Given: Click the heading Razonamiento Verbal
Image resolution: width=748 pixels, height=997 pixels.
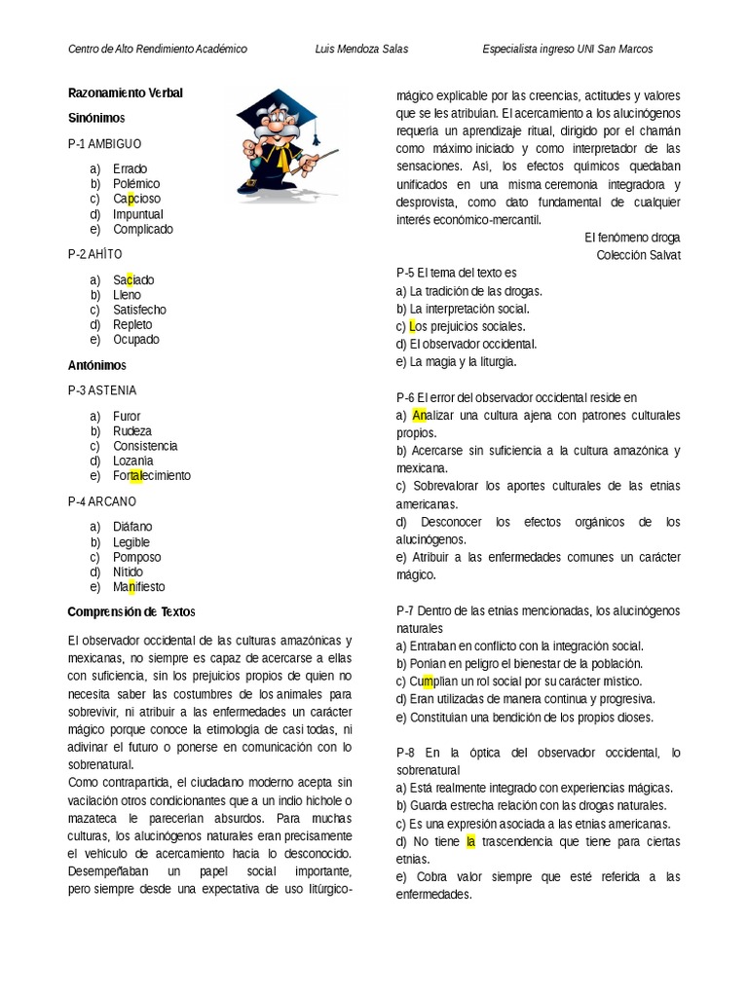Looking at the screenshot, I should [x=126, y=92].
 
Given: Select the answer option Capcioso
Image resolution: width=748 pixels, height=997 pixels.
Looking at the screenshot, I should [x=136, y=199].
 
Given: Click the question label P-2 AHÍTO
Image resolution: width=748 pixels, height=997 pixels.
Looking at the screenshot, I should [x=95, y=254].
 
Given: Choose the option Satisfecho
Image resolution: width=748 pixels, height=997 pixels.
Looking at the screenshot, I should [x=139, y=310].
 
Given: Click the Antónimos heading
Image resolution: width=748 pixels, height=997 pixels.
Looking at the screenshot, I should [x=96, y=365].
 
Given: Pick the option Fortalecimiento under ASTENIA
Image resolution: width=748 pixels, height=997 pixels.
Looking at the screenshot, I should [x=151, y=475].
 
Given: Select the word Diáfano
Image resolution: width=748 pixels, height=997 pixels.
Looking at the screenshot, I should [x=132, y=527].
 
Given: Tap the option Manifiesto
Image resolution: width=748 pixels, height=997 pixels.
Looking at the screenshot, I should [x=138, y=587].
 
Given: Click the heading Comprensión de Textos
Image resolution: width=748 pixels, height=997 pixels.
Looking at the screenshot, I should [x=131, y=611].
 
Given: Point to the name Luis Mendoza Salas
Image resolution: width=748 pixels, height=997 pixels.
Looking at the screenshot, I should [x=362, y=49].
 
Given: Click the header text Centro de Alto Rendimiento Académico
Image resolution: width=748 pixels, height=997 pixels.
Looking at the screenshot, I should [x=157, y=49].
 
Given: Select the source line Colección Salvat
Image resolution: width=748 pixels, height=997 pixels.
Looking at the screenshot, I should [x=638, y=255].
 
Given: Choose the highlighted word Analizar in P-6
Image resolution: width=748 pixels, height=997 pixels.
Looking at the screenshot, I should [x=427, y=415].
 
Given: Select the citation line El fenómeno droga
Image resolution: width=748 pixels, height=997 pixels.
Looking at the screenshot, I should [x=632, y=238].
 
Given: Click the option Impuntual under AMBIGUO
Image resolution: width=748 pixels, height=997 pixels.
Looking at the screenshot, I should [x=137, y=214].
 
